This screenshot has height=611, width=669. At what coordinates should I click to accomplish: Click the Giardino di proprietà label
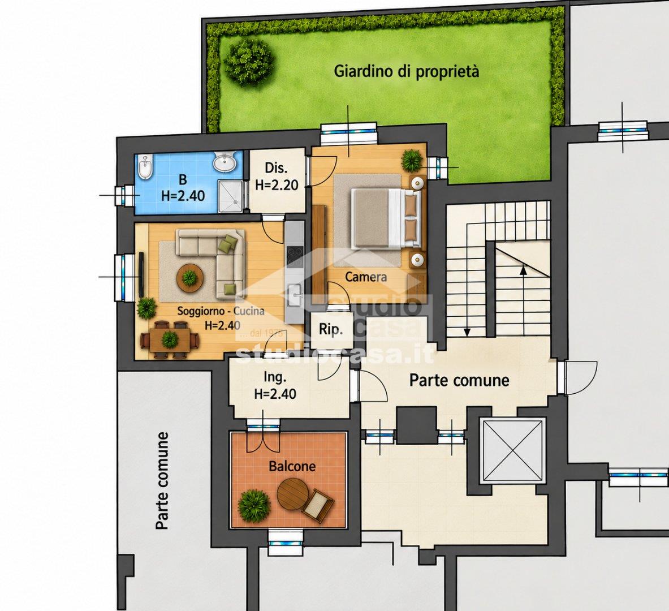tap(406, 71)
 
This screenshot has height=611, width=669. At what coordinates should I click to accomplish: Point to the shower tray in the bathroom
tap(230, 196)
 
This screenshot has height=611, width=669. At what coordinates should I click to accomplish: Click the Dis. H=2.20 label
tap(276, 177)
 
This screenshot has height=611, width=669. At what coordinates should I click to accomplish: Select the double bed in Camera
tap(386, 218)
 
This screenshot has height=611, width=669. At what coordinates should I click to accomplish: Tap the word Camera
tap(366, 277)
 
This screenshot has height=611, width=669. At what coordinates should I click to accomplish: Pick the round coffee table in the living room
tap(189, 278)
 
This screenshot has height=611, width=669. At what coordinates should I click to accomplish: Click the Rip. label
tap(331, 330)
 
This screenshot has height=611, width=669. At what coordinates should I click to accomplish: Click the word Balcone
tap(292, 466)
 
